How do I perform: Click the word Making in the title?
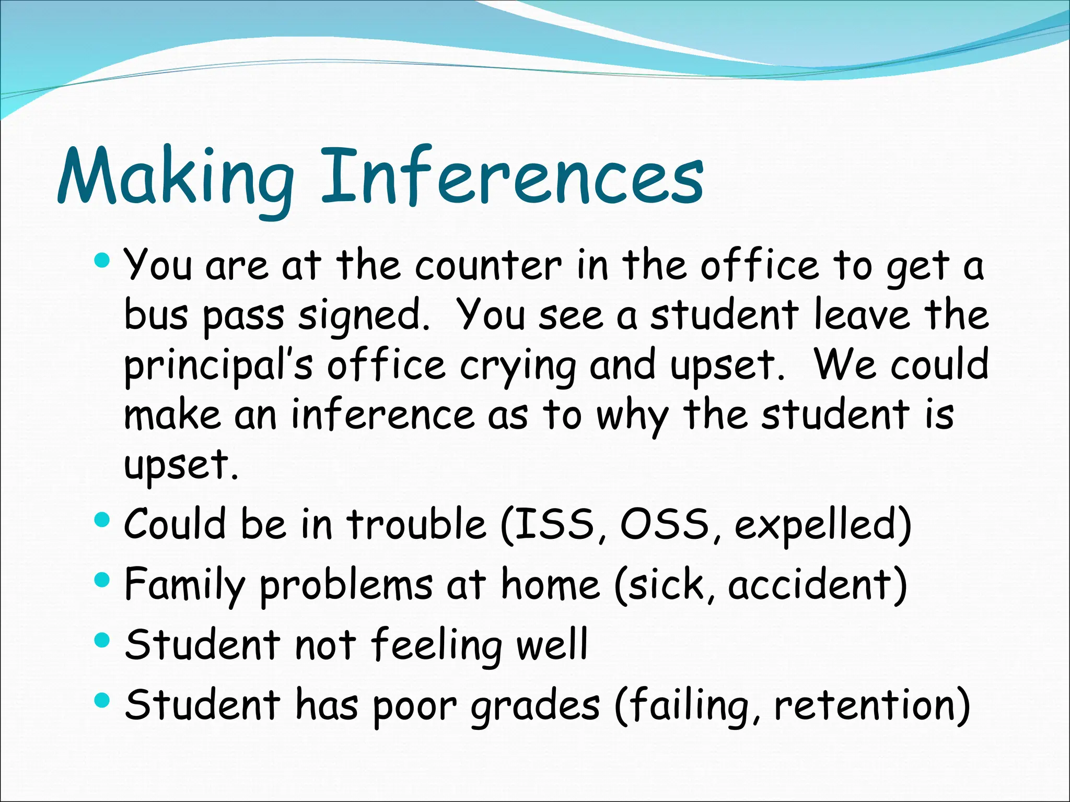[175, 178]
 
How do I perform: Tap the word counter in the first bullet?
[488, 266]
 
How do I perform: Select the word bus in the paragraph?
[156, 315]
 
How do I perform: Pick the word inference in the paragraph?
[382, 415]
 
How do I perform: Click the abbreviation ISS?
[554, 524]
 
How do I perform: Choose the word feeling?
[437, 645]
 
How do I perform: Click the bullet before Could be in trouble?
[102, 520]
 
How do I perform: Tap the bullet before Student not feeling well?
[102, 640]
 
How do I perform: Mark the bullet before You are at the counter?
[102, 259]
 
